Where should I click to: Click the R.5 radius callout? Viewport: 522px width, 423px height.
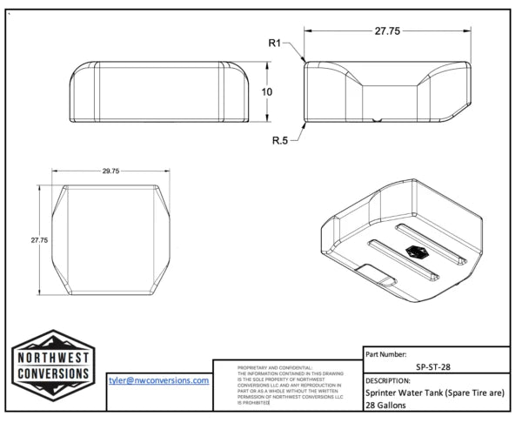coord(279,139)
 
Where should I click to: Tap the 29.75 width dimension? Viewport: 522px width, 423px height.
coord(110,171)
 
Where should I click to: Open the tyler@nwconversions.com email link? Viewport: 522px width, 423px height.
coord(158,380)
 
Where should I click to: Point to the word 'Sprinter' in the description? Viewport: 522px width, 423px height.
coord(382,393)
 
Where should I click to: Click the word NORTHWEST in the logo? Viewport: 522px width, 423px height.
coord(53,358)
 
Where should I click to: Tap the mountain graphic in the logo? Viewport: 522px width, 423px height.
coord(53,340)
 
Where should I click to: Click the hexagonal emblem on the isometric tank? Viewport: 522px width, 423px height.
coord(416,252)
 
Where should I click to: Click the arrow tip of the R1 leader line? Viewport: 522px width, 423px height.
coord(304,63)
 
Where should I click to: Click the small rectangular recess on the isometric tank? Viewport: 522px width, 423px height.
coord(377,277)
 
